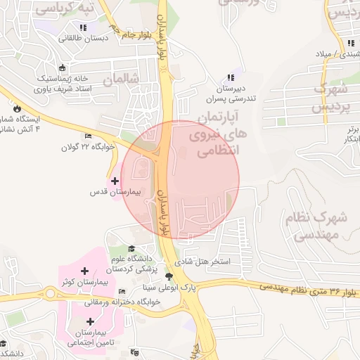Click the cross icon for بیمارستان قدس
(x=115, y=181)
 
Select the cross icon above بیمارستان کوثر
(x=84, y=271)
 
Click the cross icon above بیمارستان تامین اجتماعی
(x=90, y=321)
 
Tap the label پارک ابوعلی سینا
(x=161, y=288)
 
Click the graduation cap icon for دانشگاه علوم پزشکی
(x=131, y=248)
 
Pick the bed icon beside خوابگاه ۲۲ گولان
(x=88, y=136)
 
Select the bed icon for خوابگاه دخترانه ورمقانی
(x=123, y=291)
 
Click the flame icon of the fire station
(x=16, y=109)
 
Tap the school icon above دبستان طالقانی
(x=84, y=27)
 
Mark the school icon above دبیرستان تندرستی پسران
(x=229, y=78)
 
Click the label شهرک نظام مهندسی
(x=318, y=226)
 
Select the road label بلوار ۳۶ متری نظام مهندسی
(x=310, y=288)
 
